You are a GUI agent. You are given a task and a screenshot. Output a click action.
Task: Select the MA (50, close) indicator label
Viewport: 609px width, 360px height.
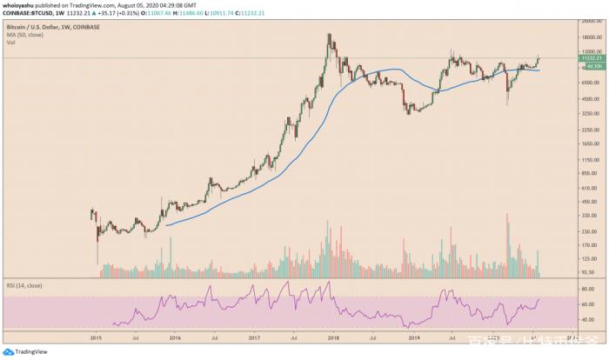click(x=21, y=35)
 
